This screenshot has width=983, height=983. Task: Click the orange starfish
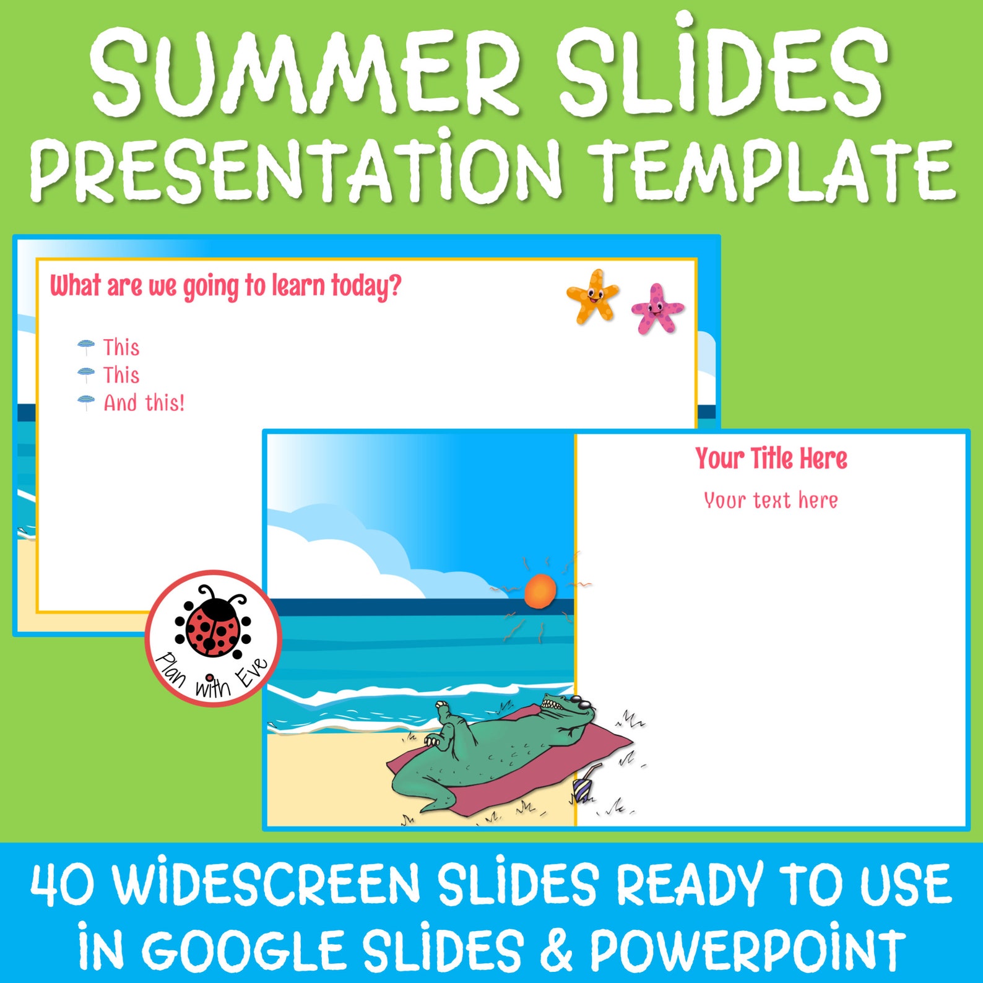click(x=592, y=295)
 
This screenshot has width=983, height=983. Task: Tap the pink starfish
click(x=656, y=309)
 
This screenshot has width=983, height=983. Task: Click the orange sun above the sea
click(x=540, y=591)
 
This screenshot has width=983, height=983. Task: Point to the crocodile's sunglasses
click(x=582, y=703)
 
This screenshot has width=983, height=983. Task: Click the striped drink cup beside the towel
click(x=582, y=790)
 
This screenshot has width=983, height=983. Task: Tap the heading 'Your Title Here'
click(x=771, y=459)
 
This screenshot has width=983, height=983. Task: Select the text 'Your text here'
click(x=771, y=500)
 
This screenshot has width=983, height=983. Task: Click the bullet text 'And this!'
click(x=144, y=403)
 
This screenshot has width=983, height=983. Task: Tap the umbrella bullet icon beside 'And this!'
click(x=86, y=402)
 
